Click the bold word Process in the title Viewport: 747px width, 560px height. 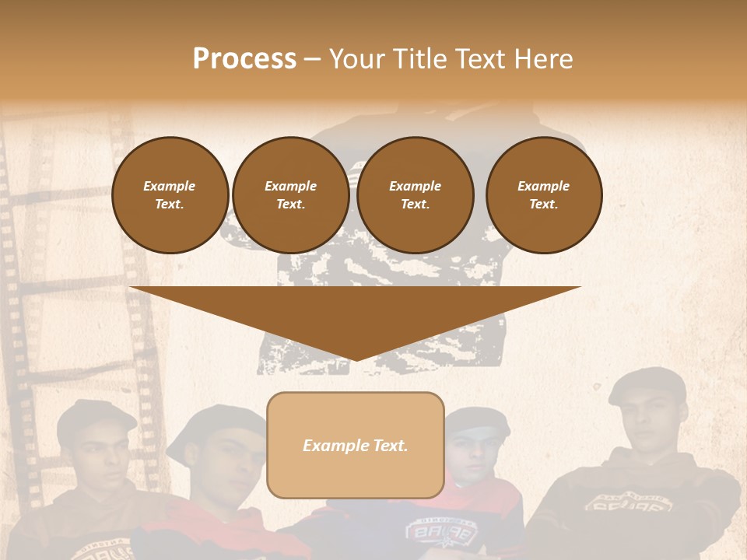pos(244,59)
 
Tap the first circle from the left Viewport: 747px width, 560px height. pos(170,194)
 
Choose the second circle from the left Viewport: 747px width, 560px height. pos(290,194)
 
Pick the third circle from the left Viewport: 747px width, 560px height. pos(415,194)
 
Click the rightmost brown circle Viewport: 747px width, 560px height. pos(543,194)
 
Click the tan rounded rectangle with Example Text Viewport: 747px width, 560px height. pos(356,445)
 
